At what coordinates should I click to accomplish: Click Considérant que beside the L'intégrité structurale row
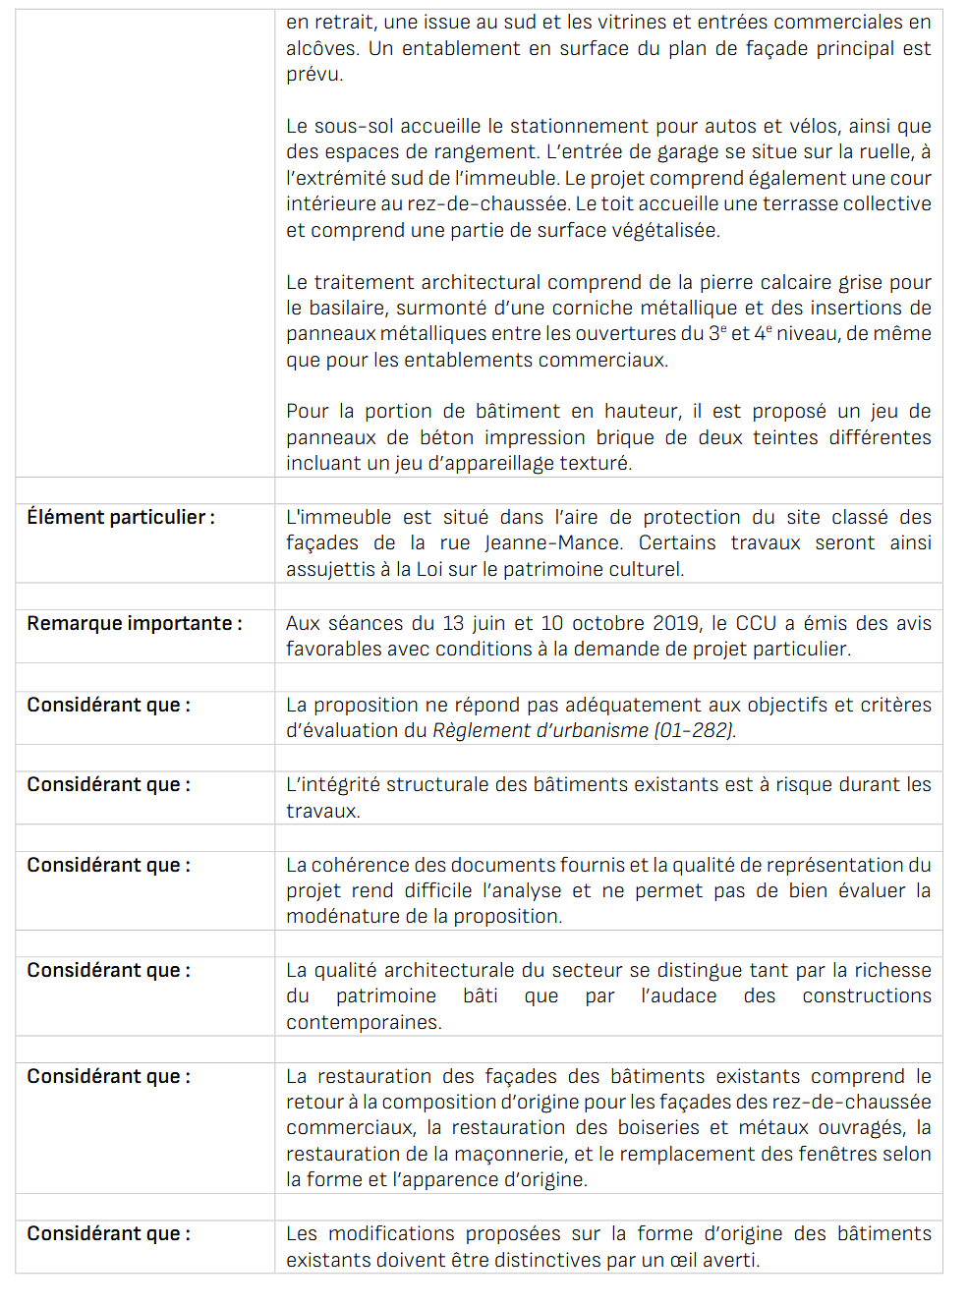tap(108, 784)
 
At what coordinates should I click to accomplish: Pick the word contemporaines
tap(364, 1022)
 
